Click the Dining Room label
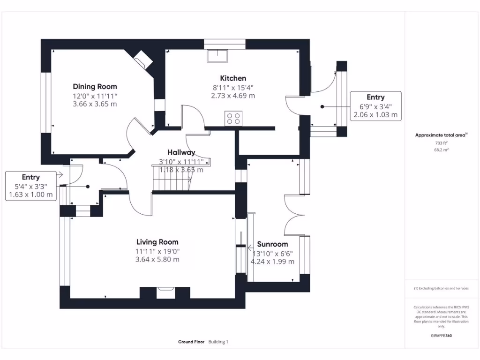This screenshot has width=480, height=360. point(95,86)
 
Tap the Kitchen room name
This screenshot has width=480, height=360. point(233,78)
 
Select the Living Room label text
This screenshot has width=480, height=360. point(157,242)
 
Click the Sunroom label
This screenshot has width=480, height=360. point(272,244)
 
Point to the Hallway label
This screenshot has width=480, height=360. point(181,152)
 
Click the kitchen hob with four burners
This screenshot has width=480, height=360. point(234,118)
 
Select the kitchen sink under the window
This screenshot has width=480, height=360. point(217,55)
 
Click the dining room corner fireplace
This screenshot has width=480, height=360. point(142,60)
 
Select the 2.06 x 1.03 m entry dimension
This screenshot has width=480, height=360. point(375,114)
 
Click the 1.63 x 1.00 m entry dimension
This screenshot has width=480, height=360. point(31,195)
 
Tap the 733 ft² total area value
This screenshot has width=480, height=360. point(441,143)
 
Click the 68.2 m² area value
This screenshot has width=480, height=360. point(441,150)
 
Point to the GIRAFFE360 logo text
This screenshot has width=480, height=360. point(441,336)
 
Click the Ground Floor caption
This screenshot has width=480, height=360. point(191,342)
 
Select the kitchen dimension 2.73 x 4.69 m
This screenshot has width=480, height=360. point(233,96)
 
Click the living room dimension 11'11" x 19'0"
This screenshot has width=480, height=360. point(157,251)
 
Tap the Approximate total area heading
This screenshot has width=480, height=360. point(440,135)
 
